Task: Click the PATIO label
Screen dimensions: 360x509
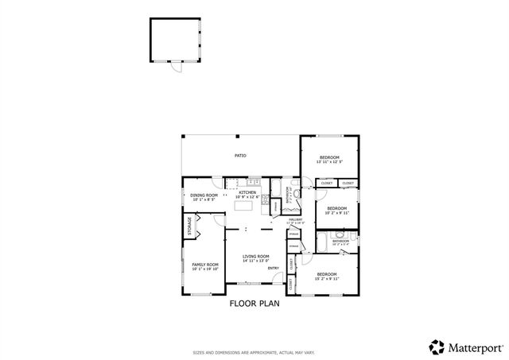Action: point(239,156)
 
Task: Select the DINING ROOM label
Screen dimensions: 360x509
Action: point(204,195)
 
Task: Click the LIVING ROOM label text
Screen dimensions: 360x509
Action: point(256,257)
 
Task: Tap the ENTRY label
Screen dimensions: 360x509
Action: point(273,268)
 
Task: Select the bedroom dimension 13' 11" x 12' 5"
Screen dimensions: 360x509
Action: point(329,162)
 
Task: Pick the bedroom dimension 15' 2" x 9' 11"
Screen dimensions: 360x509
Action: point(328,278)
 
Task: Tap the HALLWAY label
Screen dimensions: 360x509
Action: point(296,220)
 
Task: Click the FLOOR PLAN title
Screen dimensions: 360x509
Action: point(254,303)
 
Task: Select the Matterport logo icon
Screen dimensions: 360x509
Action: point(437,346)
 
